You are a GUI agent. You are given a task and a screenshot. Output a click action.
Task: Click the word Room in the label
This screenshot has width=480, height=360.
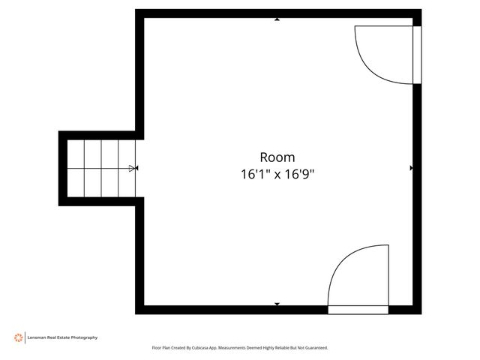pyautogui.click(x=277, y=157)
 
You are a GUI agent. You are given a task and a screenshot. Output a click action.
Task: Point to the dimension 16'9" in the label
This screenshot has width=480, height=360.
pyautogui.click(x=298, y=174)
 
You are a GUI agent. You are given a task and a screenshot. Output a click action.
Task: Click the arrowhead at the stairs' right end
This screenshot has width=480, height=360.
pyautogui.click(x=133, y=168)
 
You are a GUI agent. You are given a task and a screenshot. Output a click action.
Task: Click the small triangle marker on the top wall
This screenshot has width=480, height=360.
pyautogui.click(x=277, y=19)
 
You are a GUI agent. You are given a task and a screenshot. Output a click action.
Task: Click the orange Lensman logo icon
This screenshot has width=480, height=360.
pyautogui.click(x=18, y=337)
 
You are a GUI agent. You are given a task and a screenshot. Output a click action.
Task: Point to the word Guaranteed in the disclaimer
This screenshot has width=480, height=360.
pyautogui.click(x=313, y=348)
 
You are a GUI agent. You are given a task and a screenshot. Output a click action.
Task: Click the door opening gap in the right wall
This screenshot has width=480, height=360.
pyautogui.click(x=417, y=55)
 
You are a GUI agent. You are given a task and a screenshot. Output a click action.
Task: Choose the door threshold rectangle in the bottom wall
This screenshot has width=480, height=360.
pyautogui.click(x=358, y=308)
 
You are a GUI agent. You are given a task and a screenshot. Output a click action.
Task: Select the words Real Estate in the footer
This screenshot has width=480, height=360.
pyautogui.click(x=59, y=337)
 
